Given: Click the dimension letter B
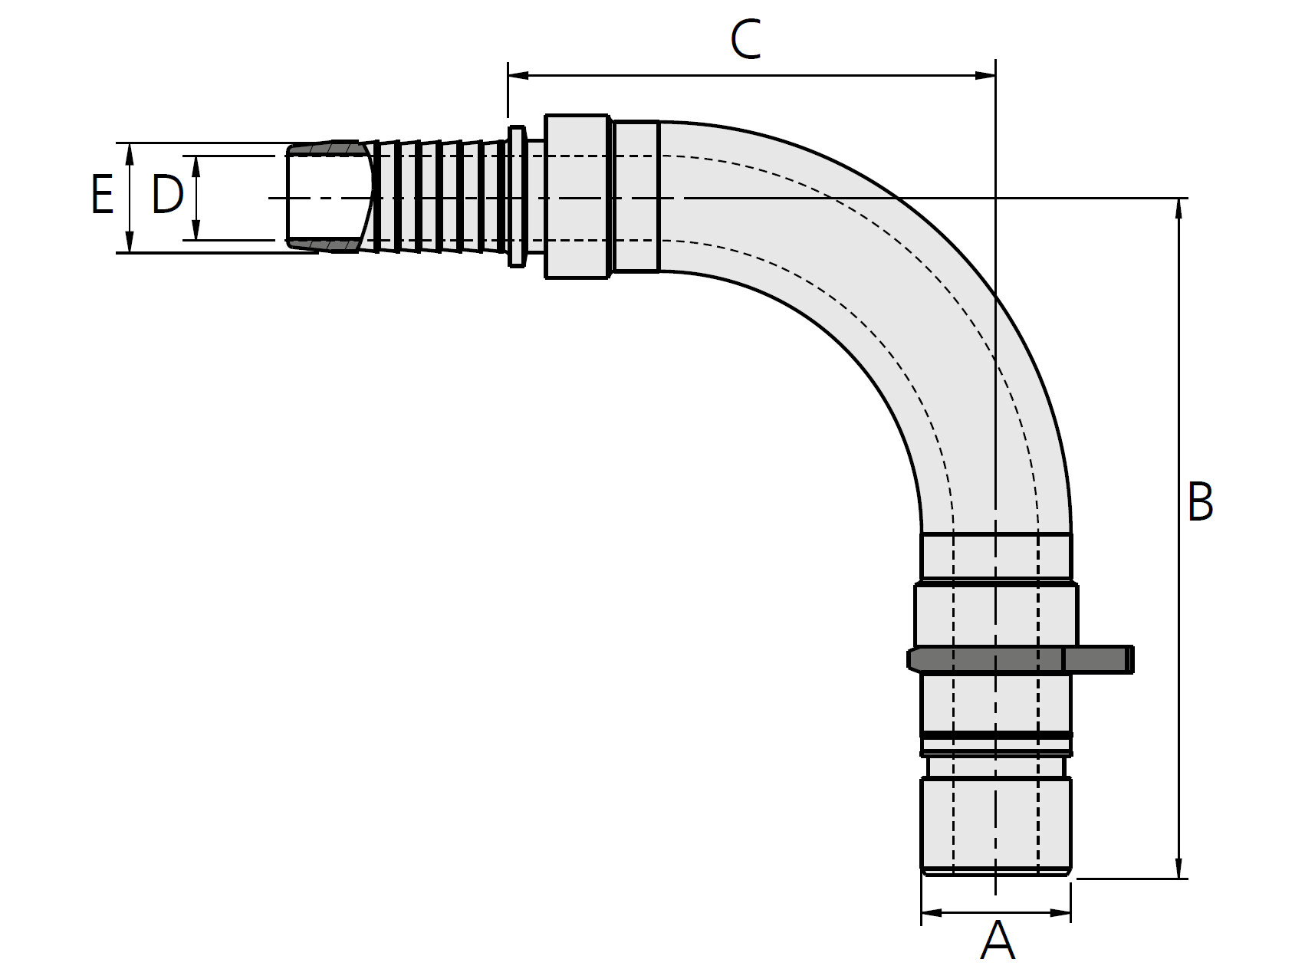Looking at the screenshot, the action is pos(1200,501).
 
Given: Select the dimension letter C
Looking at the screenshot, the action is pos(745,40).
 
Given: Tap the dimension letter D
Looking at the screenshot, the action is pos(167,194).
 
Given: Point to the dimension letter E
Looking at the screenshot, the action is pos(102,194).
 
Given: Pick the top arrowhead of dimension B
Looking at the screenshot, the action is pos(1178,209).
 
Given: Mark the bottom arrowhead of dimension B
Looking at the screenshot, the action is pos(1178,867).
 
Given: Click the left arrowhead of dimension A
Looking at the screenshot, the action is pos(932,912).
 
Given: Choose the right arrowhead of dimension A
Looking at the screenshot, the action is pos(1060,912).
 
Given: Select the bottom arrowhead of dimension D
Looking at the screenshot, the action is pos(196,229).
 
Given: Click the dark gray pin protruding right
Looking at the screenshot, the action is pos(1098,659).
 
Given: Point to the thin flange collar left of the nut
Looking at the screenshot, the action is pos(517,197).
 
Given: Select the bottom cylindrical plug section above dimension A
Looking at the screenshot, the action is pos(996,825).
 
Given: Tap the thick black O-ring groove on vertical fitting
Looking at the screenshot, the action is pos(996,735).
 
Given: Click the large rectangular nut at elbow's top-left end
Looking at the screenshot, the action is pos(578,197).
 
